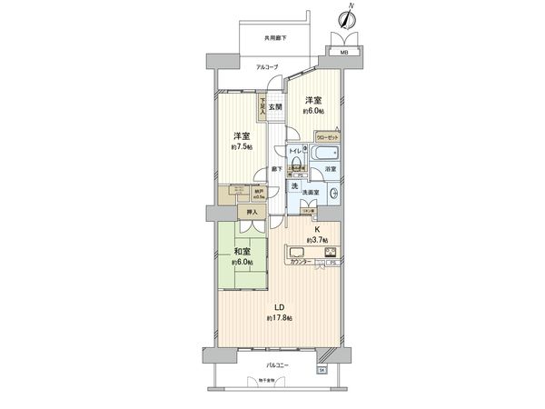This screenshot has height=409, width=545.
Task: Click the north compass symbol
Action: pos(347,18)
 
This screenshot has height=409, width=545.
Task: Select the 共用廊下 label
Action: pos(276,38)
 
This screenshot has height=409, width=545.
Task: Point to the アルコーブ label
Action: pos(266,67)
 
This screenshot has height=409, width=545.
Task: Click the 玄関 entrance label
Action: pos(274,108)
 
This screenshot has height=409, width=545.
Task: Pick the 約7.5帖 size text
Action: pos(241,146)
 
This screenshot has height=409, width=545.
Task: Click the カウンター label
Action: pos(301,263)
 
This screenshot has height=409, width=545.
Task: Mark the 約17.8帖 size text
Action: pos(280,318)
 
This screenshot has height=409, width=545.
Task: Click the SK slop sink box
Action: pos(321,371)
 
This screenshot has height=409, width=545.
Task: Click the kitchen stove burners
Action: pos(330,252)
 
